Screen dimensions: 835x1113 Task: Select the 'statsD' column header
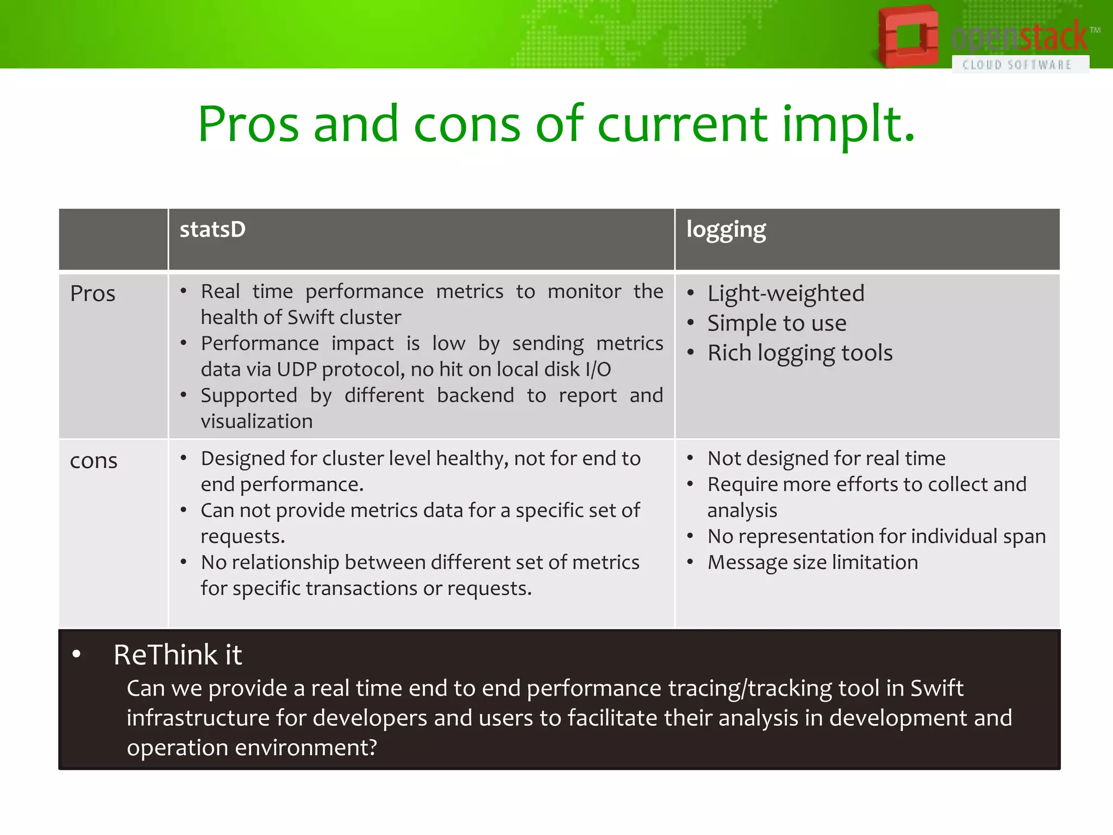pyautogui.click(x=212, y=229)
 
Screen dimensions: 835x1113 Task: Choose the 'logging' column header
pyautogui.click(x=726, y=230)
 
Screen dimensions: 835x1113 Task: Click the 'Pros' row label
pyautogui.click(x=93, y=294)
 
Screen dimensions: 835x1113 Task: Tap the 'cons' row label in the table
pyautogui.click(x=93, y=461)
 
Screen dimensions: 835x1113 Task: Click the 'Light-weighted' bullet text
pyautogui.click(x=785, y=294)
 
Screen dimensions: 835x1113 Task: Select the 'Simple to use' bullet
pyautogui.click(x=777, y=323)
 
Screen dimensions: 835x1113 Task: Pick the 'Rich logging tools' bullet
pyautogui.click(x=799, y=353)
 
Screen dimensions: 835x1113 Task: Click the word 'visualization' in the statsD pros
pyautogui.click(x=257, y=422)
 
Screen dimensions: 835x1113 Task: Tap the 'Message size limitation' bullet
pyautogui.click(x=812, y=563)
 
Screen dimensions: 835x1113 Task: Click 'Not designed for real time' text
pyautogui.click(x=826, y=459)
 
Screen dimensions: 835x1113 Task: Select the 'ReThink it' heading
pyautogui.click(x=177, y=655)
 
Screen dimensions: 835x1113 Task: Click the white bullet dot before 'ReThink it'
pyautogui.click(x=77, y=655)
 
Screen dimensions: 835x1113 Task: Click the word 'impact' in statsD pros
pyautogui.click(x=362, y=344)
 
